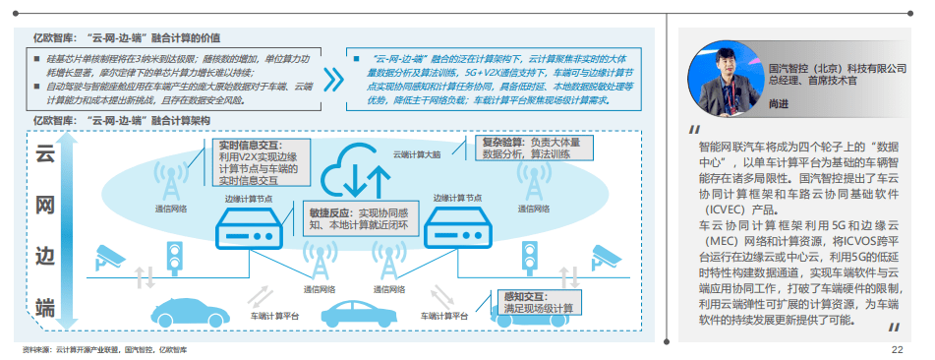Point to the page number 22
click(x=896, y=350)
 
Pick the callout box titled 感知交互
click(x=538, y=302)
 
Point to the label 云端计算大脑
click(x=417, y=154)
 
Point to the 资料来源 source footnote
click(x=106, y=350)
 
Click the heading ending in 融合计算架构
click(x=119, y=120)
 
